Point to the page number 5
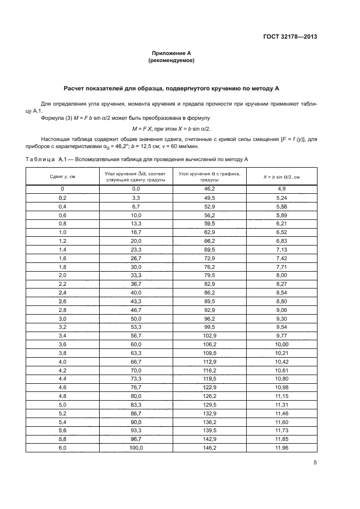pos(315,462)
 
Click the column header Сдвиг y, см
pos(62,176)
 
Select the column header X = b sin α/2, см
pos(282,176)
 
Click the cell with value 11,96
pos(282,447)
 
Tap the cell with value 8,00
pos(282,275)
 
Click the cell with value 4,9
pos(282,189)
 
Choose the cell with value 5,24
pos(282,198)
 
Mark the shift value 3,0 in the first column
pos(62,318)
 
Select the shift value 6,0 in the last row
pos(62,447)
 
